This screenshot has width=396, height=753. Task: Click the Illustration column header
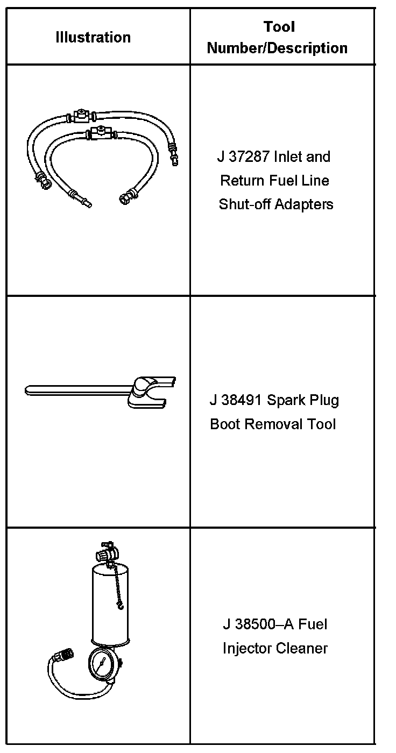click(x=93, y=37)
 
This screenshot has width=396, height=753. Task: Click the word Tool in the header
click(x=279, y=26)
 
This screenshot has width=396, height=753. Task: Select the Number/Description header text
click(x=277, y=48)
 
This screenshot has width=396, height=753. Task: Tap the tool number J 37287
click(x=244, y=157)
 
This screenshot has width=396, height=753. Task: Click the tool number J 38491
click(x=235, y=401)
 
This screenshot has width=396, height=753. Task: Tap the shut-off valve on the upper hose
click(x=81, y=115)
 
